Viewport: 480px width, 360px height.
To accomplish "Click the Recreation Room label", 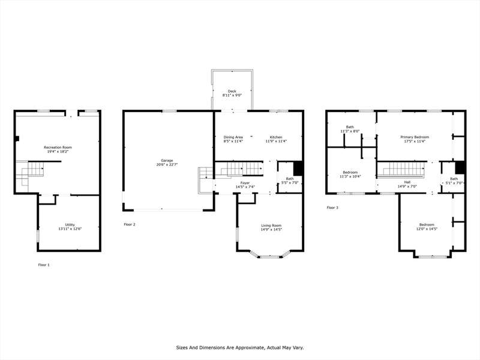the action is tap(58, 149).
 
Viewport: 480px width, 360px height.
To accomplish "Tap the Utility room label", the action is tap(70, 227).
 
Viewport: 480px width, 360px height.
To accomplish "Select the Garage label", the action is tap(167, 162).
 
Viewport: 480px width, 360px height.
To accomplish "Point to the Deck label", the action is tap(232, 93).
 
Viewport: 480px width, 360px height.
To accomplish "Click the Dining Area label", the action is tap(233, 139).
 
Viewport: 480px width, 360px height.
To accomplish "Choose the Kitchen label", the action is tap(276, 139).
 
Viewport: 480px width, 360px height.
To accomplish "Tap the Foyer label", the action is tap(245, 185).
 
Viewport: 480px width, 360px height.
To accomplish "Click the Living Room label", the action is tap(271, 227).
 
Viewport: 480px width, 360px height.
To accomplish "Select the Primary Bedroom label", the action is tap(415, 139).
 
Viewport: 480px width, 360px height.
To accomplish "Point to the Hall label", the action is tap(407, 184).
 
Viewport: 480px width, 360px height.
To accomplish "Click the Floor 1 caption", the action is tap(44, 265).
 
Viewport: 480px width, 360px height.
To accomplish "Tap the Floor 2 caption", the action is tap(130, 224).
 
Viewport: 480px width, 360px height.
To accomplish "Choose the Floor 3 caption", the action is tap(332, 208).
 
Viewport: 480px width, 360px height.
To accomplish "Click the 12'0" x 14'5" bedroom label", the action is tap(427, 227).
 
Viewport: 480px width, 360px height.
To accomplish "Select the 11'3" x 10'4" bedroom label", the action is tap(350, 174).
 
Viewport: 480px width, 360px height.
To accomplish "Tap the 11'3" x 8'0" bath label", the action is tap(350, 129).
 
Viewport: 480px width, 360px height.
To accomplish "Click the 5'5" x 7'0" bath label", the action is tap(290, 181).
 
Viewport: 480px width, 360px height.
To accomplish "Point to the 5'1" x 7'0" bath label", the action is tap(454, 181).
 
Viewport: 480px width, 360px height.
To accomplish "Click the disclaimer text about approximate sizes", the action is tap(240, 347).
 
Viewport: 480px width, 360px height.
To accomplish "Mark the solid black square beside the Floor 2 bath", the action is tap(298, 169).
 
